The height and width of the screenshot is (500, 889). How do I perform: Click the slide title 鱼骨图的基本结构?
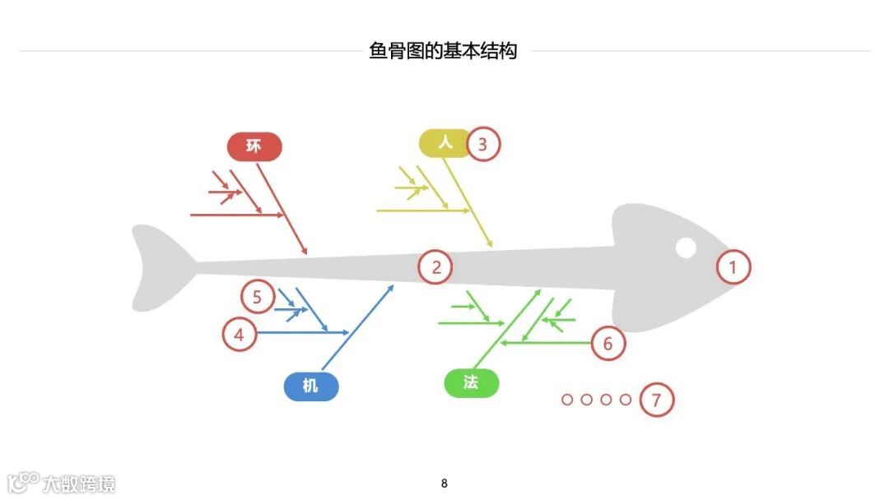point(444,51)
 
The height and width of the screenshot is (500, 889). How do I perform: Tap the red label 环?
point(254,146)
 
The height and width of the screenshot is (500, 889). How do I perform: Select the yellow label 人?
point(445,143)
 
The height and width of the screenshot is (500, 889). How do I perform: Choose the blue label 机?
point(310,386)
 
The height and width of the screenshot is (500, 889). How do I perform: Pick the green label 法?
point(471,383)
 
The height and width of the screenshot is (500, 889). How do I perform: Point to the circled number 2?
point(436,266)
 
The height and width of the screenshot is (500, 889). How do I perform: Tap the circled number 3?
point(483,145)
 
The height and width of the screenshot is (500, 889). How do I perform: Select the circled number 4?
point(240,335)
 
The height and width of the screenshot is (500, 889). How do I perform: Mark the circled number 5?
point(257,296)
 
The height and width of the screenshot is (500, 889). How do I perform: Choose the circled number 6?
point(608,343)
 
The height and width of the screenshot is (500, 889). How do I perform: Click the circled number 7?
point(656,400)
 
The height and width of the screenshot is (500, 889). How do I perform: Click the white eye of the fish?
point(686,247)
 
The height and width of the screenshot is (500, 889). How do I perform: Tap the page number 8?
point(444,484)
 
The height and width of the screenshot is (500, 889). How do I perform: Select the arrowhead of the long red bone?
point(305,252)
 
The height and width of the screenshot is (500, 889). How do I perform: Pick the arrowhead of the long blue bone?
point(393,287)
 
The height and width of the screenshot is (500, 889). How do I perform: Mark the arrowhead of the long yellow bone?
point(491,245)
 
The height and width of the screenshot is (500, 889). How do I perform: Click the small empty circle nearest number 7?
point(626,400)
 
